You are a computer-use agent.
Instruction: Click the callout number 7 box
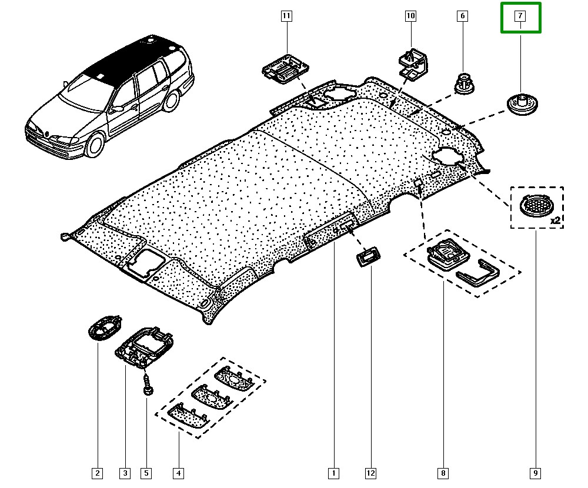tap(520, 16)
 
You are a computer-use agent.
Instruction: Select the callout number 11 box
tap(286, 16)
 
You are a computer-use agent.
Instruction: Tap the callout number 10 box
tap(410, 16)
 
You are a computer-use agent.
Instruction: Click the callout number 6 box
tap(462, 16)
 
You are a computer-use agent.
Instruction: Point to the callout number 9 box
tap(535, 472)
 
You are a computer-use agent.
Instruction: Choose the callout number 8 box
tap(442, 472)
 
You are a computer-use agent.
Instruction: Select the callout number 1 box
tap(333, 472)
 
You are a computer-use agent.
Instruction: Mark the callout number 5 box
tap(145, 472)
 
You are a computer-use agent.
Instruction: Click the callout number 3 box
tap(125, 472)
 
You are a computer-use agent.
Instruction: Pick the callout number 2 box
tap(97, 472)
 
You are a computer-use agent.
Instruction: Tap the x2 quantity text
tap(554, 221)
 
